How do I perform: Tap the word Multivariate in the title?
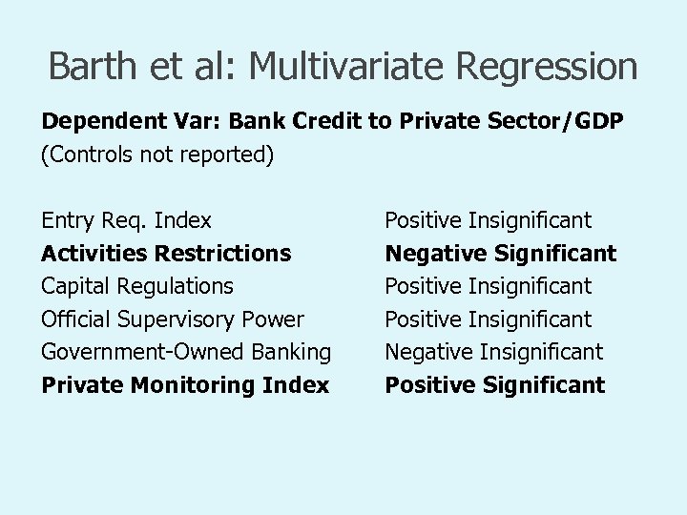pyautogui.click(x=337, y=67)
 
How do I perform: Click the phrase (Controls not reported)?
pyautogui.click(x=157, y=155)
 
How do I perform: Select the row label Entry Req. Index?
pyautogui.click(x=127, y=221)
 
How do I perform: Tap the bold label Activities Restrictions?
pyautogui.click(x=166, y=254)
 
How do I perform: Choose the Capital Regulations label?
pyautogui.click(x=137, y=286)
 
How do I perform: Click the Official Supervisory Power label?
pyautogui.click(x=173, y=319)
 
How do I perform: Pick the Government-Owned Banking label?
pyautogui.click(x=186, y=352)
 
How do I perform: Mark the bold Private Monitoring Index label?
pyautogui.click(x=185, y=385)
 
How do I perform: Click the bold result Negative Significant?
pyautogui.click(x=501, y=254)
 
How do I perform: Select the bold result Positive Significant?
pyautogui.click(x=495, y=385)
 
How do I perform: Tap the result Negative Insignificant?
pyautogui.click(x=494, y=352)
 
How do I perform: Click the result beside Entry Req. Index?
pyautogui.click(x=489, y=221)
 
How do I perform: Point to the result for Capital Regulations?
pyautogui.click(x=489, y=286)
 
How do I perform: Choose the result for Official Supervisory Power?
pyautogui.click(x=489, y=319)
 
